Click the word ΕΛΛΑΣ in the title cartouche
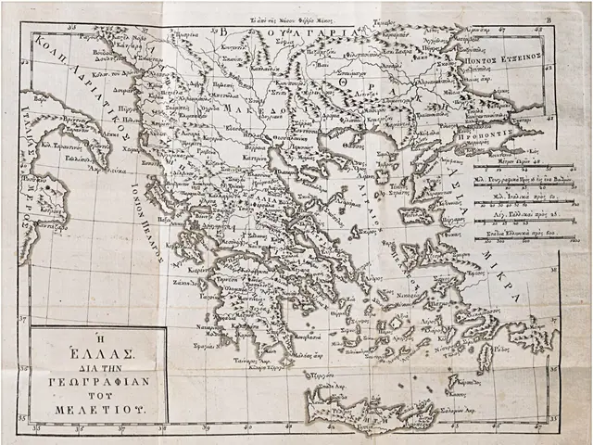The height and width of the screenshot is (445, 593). [100, 352]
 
